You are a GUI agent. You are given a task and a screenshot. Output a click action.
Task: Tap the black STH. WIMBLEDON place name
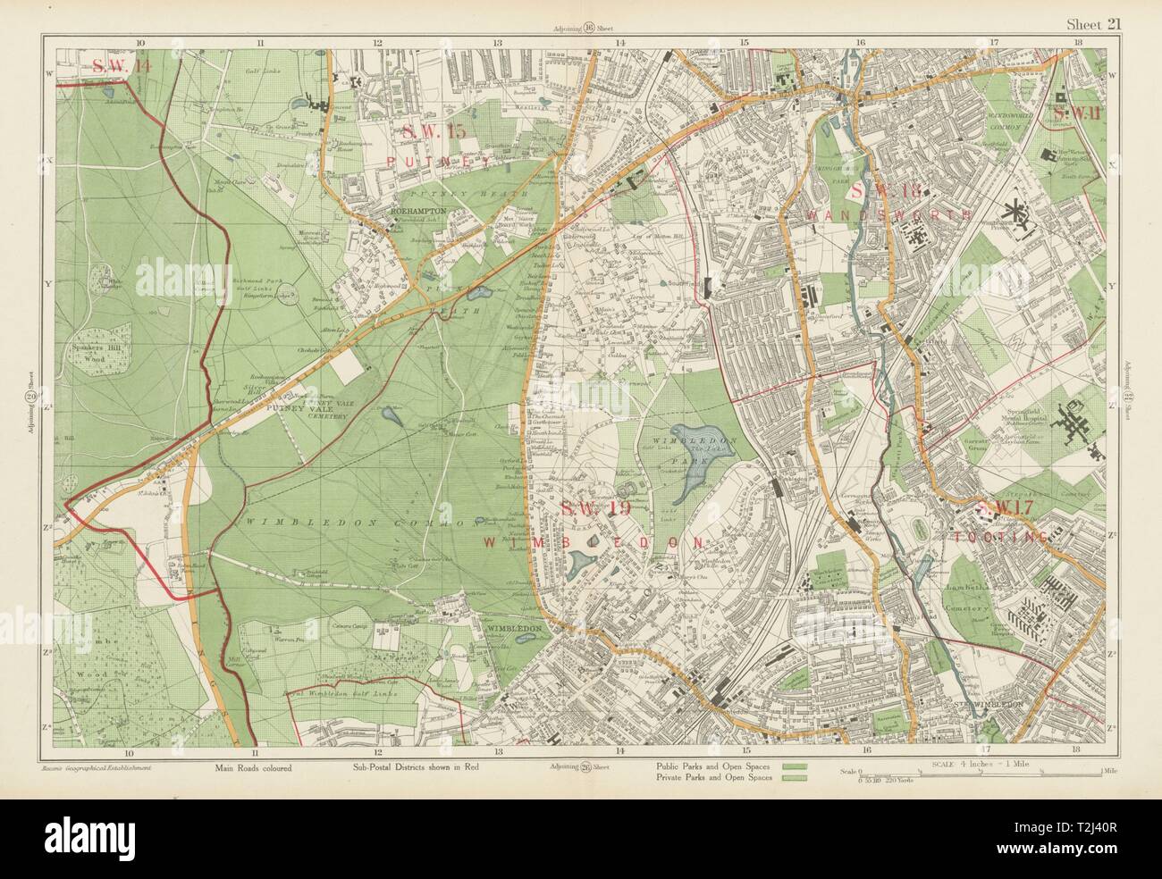pyautogui.click(x=989, y=703)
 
